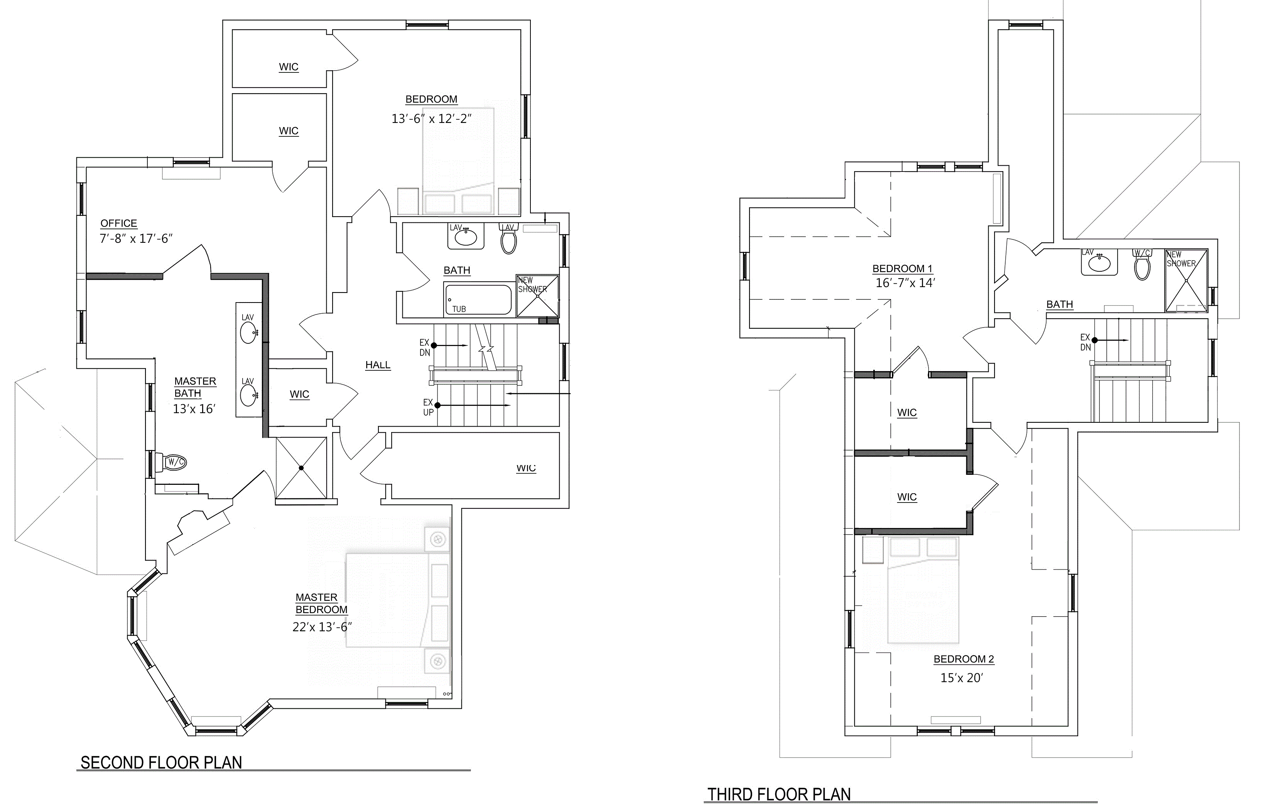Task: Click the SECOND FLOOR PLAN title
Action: click(161, 763)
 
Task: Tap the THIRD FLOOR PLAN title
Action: click(779, 794)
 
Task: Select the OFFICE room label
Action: click(118, 224)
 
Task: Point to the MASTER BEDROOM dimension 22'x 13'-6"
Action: click(322, 627)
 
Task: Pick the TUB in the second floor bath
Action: click(478, 299)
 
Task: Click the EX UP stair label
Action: click(428, 407)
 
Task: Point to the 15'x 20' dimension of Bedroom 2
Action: click(961, 678)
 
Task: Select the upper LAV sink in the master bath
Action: click(248, 333)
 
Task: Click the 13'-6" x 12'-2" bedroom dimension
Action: click(431, 119)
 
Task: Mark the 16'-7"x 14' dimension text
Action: click(905, 283)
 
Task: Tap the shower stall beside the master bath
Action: click(301, 467)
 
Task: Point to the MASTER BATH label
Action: click(195, 387)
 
